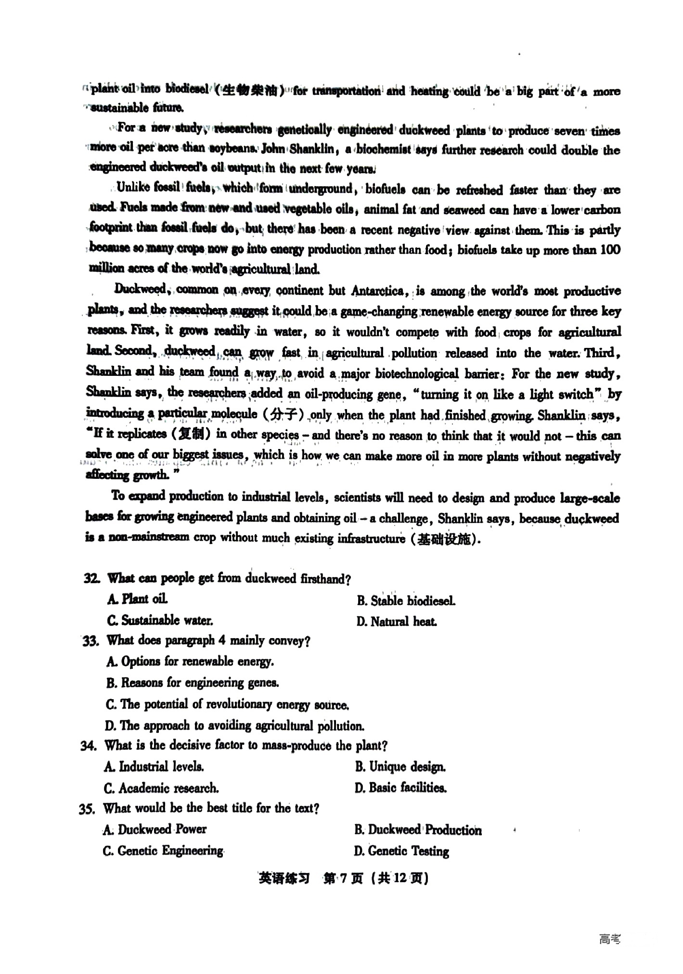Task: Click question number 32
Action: [91, 578]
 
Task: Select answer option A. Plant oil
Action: [138, 600]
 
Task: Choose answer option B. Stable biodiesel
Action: [405, 601]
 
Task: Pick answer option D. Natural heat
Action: [397, 622]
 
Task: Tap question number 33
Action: [90, 641]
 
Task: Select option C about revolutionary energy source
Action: [227, 705]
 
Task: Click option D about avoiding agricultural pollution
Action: [234, 726]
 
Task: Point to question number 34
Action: [89, 746]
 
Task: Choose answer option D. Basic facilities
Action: [400, 788]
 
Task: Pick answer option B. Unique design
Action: [400, 767]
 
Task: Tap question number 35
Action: [88, 809]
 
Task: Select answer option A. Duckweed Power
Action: [155, 830]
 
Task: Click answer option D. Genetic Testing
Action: [401, 851]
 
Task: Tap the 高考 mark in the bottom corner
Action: [609, 939]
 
